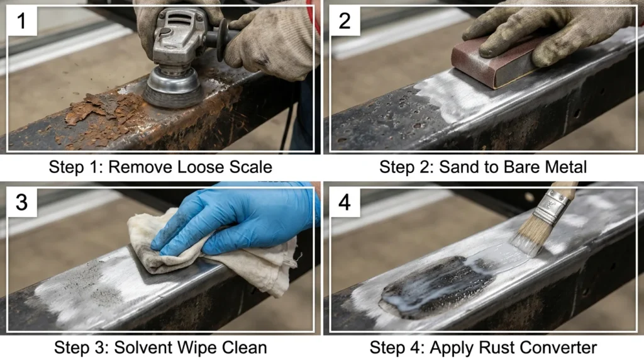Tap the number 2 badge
coord(345,21)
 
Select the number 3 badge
coord(22,203)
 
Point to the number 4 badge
coord(345,203)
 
